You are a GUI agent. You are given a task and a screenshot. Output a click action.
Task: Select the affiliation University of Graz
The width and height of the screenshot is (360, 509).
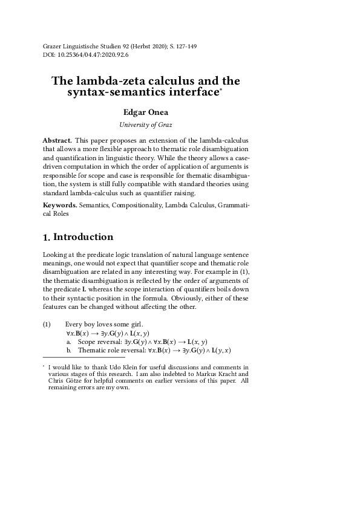coord(145,125)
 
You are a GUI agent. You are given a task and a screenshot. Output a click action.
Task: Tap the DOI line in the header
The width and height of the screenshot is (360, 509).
coord(86,54)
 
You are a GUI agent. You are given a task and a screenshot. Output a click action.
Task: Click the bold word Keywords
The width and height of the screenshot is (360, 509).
coord(61,205)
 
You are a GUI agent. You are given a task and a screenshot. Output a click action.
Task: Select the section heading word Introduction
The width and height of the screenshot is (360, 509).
coord(83,236)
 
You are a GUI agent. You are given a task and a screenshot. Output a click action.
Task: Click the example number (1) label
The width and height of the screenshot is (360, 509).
coord(48,325)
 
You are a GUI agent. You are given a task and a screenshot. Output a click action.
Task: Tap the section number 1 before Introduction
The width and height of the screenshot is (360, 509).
coord(46,237)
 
